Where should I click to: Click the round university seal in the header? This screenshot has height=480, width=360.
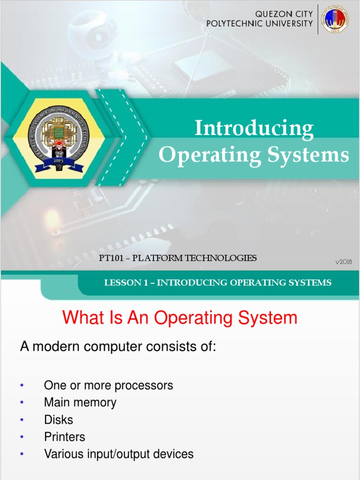tap(335, 19)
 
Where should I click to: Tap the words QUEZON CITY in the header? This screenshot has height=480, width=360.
tap(284, 14)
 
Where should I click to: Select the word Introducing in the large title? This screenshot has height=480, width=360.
tap(254, 129)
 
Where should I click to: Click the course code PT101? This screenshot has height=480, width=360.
tap(111, 258)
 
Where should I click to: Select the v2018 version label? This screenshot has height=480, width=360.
tap(343, 262)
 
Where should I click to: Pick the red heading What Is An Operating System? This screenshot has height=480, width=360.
tap(180, 318)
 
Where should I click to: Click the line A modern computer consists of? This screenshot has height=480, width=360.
tap(118, 347)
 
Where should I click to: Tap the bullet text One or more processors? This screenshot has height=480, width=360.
tap(108, 385)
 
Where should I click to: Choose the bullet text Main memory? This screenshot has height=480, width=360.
tap(80, 402)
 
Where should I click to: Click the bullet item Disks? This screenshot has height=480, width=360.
tap(59, 420)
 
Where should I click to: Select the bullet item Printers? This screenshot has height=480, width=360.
tap(65, 437)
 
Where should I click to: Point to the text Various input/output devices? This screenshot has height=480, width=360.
tap(119, 454)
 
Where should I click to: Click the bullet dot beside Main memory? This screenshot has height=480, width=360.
tap(22, 403)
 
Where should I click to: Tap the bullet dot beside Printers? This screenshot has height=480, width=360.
tap(22, 437)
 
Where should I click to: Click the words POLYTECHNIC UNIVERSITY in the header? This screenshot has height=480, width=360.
tap(260, 23)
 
